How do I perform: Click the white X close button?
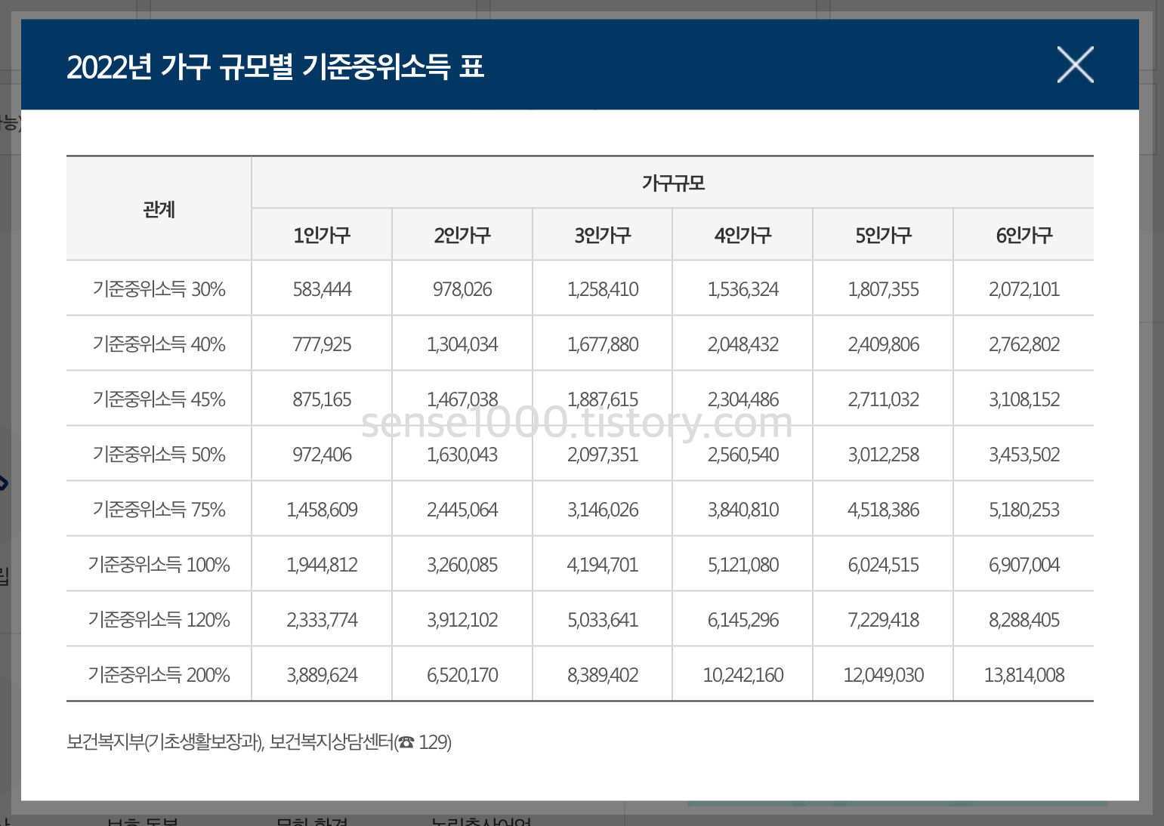(1075, 65)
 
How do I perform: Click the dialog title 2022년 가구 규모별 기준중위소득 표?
(275, 66)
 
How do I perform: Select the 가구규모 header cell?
(672, 183)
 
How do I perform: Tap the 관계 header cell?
(159, 209)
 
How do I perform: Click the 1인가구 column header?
(322, 236)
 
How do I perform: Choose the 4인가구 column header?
(743, 236)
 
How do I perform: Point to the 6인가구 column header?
(1024, 236)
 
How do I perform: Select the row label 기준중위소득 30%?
(159, 289)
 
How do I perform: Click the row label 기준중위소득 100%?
(159, 565)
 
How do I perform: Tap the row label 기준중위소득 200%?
(159, 675)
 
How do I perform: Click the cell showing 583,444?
(322, 289)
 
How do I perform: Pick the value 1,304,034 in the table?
(462, 344)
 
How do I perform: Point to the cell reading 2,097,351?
(603, 455)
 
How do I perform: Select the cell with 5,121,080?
(743, 565)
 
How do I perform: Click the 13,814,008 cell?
(1024, 675)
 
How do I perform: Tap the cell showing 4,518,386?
(883, 510)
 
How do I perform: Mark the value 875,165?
(322, 399)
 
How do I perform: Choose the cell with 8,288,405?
(1024, 620)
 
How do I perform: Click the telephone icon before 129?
(406, 743)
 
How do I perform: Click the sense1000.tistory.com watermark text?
(577, 424)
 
